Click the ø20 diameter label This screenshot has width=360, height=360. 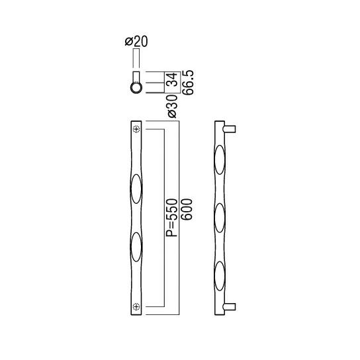[x=136, y=42]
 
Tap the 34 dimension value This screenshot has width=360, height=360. [x=173, y=79]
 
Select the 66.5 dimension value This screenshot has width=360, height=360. [x=188, y=83]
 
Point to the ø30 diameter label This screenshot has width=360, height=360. [x=173, y=107]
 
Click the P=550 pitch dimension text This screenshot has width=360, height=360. [x=172, y=218]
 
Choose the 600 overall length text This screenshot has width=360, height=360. [x=187, y=209]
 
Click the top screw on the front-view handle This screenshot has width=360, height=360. [x=136, y=130]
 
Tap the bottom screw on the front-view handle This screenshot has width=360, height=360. [x=136, y=306]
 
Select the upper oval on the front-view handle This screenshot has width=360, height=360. [x=136, y=189]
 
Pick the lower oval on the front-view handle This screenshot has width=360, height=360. [x=136, y=247]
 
